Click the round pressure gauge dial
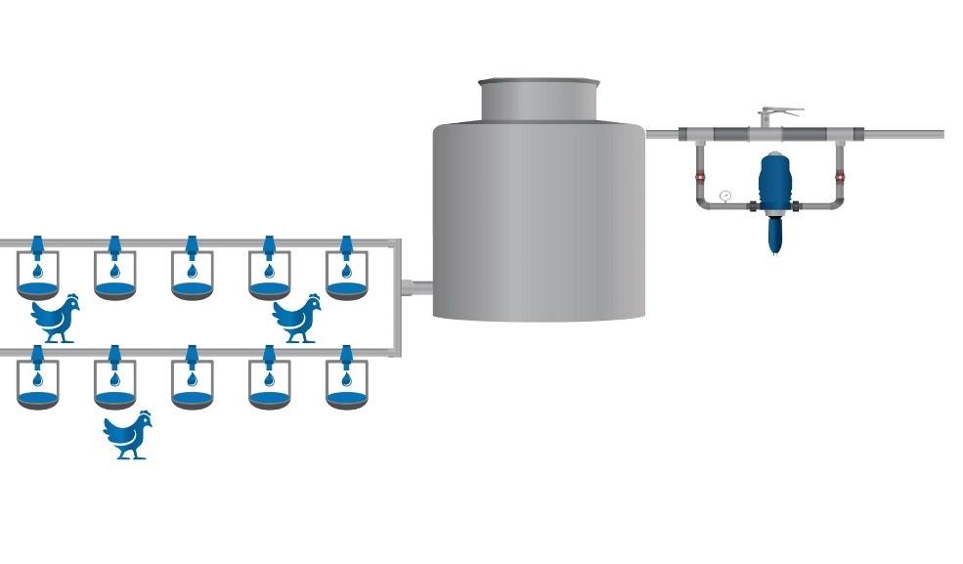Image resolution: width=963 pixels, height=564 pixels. pos(724,195)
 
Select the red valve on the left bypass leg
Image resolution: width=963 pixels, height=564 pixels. pos(700,177)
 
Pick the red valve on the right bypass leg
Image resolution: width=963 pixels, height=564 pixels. pos(840,177)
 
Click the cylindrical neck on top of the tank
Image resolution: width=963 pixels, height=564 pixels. pos(538,99)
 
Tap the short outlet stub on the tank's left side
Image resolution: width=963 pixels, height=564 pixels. pos(417,287)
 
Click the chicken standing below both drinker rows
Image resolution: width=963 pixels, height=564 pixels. pos(128,435)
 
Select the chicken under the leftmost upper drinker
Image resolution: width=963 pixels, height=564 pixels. pos(55,318)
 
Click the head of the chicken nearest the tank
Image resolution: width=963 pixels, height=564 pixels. pos(312,302)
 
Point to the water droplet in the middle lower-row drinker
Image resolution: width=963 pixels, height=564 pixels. pos(192,377)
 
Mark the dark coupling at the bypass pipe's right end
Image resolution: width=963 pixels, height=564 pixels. pos(849,134)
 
